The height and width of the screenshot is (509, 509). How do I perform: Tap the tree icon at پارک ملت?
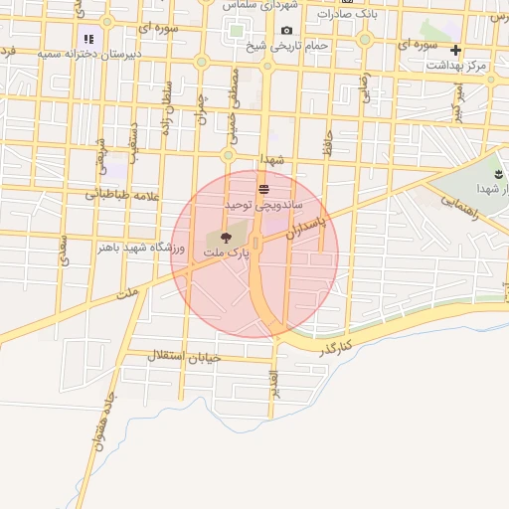226,238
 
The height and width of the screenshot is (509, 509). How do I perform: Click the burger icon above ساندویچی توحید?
263,188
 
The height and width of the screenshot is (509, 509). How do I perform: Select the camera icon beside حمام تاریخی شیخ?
287,31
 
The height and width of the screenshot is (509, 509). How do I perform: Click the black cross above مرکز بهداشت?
455,50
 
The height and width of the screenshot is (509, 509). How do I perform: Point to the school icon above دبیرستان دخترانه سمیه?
89,39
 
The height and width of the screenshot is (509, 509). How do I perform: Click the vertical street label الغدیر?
274,393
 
